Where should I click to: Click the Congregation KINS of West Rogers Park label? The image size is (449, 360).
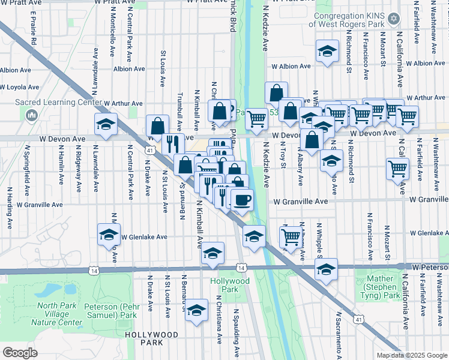[x=346, y=20]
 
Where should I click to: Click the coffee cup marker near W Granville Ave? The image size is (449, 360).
[x=242, y=200]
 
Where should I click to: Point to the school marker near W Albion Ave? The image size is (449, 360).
[x=327, y=52]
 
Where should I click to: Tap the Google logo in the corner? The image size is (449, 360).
[x=20, y=353]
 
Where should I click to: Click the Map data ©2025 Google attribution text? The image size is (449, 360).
[x=412, y=355]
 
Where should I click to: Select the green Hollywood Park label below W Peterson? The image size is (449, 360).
[x=229, y=285]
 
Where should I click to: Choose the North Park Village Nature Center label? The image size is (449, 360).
[x=59, y=314]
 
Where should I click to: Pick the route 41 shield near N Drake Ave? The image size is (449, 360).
[x=148, y=151]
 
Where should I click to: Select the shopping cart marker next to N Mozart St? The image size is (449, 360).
[x=397, y=170]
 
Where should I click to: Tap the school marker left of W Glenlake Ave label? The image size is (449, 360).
[x=109, y=235]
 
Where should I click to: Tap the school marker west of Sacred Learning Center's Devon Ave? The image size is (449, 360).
[x=106, y=125]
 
